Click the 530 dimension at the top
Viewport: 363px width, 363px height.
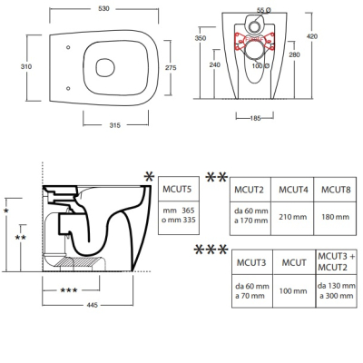tap(103, 8)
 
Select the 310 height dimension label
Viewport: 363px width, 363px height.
tap(26, 66)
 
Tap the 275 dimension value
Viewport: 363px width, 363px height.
tap(171, 68)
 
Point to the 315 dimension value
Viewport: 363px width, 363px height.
tap(115, 125)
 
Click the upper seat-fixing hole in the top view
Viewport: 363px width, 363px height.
tap(68, 47)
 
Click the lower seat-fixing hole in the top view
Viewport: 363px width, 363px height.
tap(68, 88)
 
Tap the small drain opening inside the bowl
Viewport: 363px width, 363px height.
tap(105, 67)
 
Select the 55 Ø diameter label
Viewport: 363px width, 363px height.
tap(264, 10)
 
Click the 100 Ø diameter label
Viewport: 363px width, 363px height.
tap(260, 65)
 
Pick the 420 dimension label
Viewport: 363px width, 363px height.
tap(312, 36)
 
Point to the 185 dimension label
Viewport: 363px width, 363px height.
tap(255, 118)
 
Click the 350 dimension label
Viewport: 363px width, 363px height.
tap(201, 38)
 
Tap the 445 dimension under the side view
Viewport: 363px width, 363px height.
tap(93, 305)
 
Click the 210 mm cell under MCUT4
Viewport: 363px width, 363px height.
tap(292, 217)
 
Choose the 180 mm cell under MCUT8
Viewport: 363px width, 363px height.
tap(335, 217)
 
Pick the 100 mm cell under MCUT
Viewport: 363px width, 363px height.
tap(293, 291)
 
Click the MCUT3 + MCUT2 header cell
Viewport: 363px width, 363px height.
tap(336, 262)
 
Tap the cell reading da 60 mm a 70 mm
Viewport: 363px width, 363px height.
tap(252, 290)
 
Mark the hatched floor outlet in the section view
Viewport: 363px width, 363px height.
tap(81, 261)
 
